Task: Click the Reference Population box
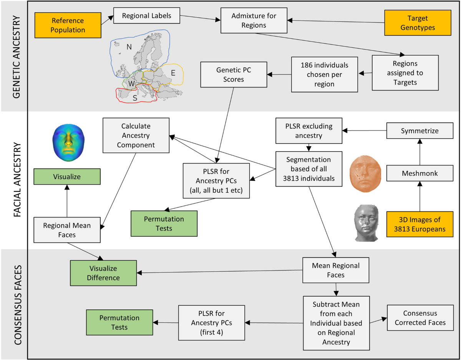pyautogui.click(x=68, y=25)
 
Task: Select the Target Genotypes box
pyautogui.click(x=418, y=23)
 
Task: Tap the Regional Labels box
pyautogui.click(x=147, y=15)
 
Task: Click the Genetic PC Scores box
pyautogui.click(x=234, y=74)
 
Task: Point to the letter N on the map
pyautogui.click(x=129, y=47)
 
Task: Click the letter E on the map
pyautogui.click(x=173, y=73)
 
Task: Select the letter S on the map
pyautogui.click(x=135, y=98)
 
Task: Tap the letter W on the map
pyautogui.click(x=131, y=84)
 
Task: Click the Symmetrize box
pyautogui.click(x=420, y=131)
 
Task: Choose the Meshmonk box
pyautogui.click(x=420, y=173)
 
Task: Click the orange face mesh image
pyautogui.click(x=365, y=173)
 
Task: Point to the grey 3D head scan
pyautogui.click(x=366, y=223)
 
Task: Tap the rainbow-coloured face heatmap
pyautogui.click(x=68, y=143)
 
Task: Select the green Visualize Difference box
pyautogui.click(x=103, y=273)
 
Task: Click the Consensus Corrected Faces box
pyautogui.click(x=420, y=318)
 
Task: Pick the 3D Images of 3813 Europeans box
pyautogui.click(x=420, y=224)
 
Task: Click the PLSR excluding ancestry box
pyautogui.click(x=309, y=131)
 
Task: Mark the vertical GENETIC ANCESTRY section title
pyautogui.click(x=17, y=57)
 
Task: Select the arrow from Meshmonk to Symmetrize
pyautogui.click(x=420, y=152)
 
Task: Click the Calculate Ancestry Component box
pyautogui.click(x=136, y=135)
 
